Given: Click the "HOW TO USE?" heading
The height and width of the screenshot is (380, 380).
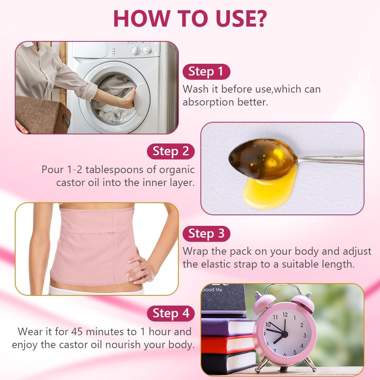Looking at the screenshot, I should click(190, 17).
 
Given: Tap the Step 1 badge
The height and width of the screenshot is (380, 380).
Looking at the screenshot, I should click(206, 71).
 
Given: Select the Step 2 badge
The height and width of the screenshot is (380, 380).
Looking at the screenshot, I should click(170, 151).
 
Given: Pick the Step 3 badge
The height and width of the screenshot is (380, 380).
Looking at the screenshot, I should click(206, 233).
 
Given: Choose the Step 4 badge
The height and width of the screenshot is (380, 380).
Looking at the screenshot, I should click(170, 313).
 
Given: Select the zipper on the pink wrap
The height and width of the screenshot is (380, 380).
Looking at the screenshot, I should click(111, 233).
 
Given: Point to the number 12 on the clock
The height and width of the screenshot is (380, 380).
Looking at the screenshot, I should click(285, 315).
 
